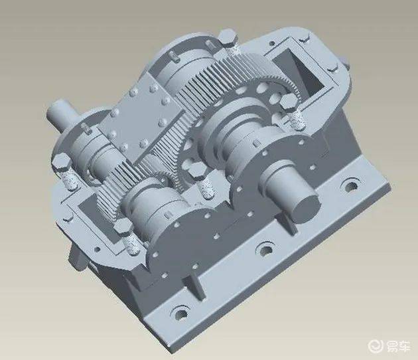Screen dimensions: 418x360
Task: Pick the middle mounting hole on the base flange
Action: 265,250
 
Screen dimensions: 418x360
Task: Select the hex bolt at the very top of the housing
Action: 228,38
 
